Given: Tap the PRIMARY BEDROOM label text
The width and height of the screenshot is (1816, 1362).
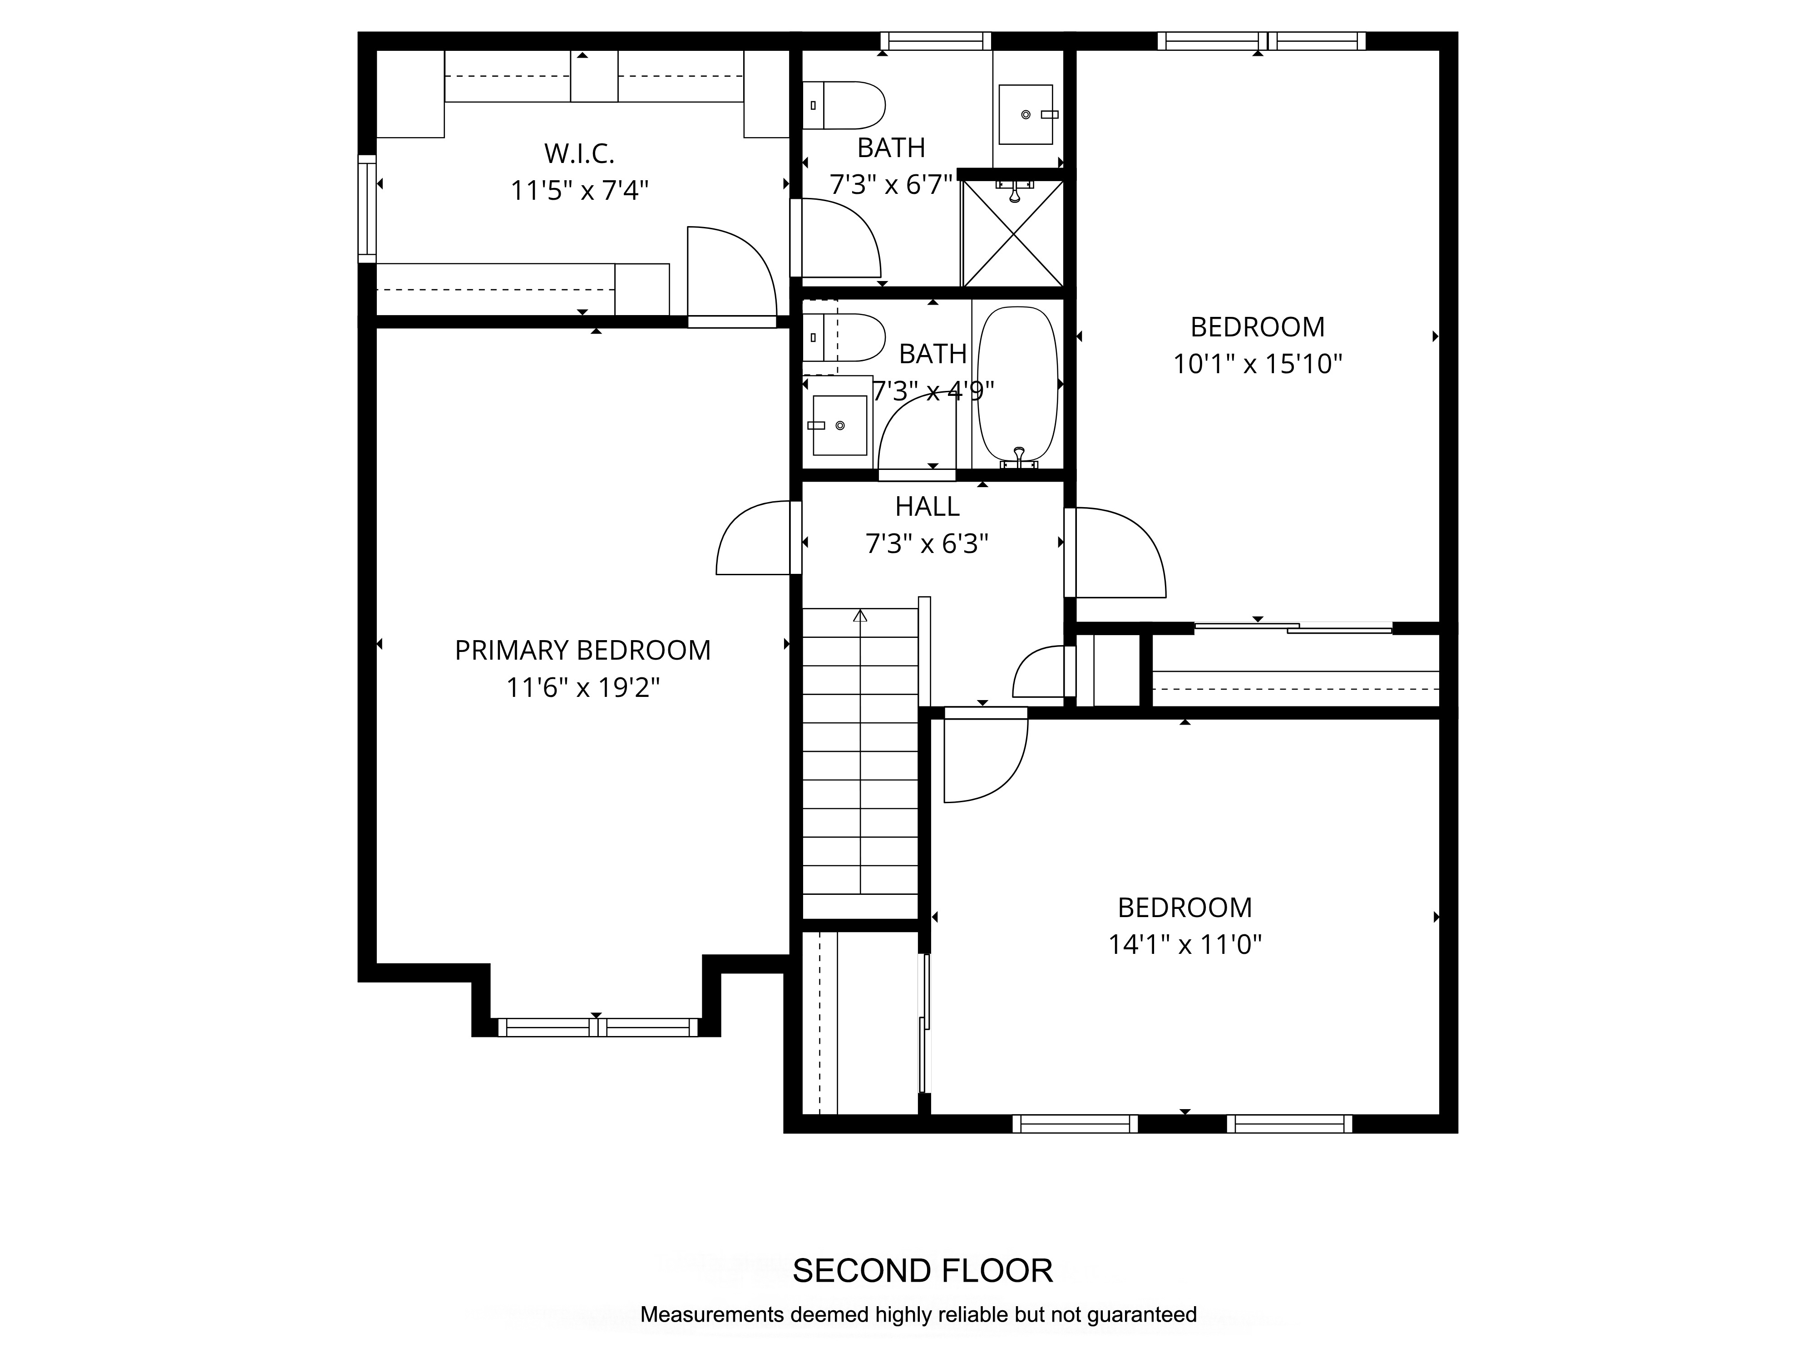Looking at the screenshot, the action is click(x=583, y=650).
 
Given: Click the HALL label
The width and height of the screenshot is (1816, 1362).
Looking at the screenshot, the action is click(x=927, y=507).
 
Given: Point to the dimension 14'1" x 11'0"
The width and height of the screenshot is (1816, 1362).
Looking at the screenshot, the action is click(x=1184, y=945).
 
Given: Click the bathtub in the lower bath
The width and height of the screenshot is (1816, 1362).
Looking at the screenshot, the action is click(x=1018, y=384).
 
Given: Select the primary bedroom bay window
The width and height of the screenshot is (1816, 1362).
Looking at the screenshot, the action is click(x=597, y=1027).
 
